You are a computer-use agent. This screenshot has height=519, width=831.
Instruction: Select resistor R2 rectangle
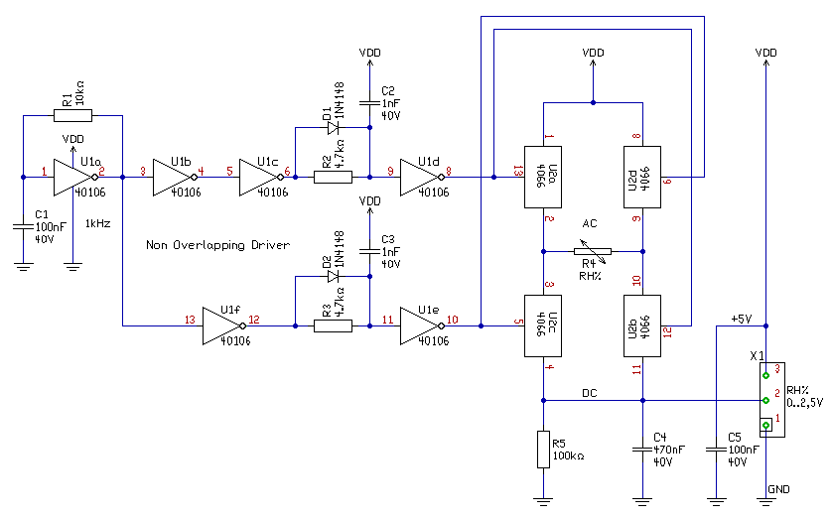333,177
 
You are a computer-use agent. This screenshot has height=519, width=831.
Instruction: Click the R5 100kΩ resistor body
543,450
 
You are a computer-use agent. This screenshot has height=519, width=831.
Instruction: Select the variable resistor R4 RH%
593,251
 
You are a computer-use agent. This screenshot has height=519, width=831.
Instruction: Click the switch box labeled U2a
543,177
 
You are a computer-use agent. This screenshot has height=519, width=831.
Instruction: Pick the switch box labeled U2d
642,177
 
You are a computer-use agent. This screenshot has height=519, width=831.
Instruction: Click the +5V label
742,319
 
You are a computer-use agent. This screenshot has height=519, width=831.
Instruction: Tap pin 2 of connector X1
765,400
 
